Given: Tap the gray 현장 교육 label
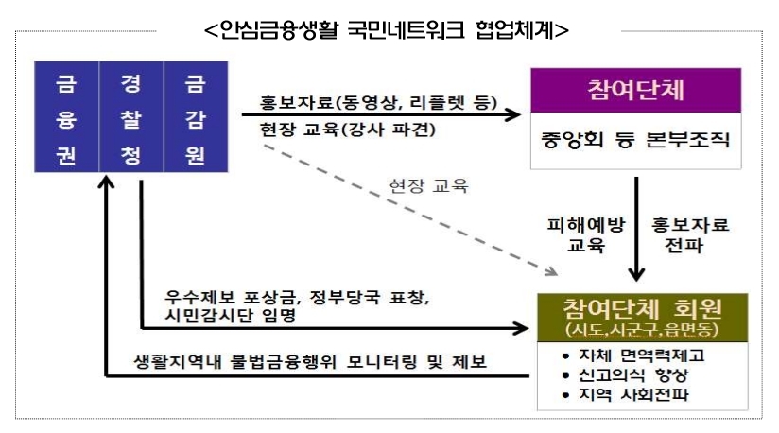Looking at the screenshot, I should (x=428, y=184).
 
